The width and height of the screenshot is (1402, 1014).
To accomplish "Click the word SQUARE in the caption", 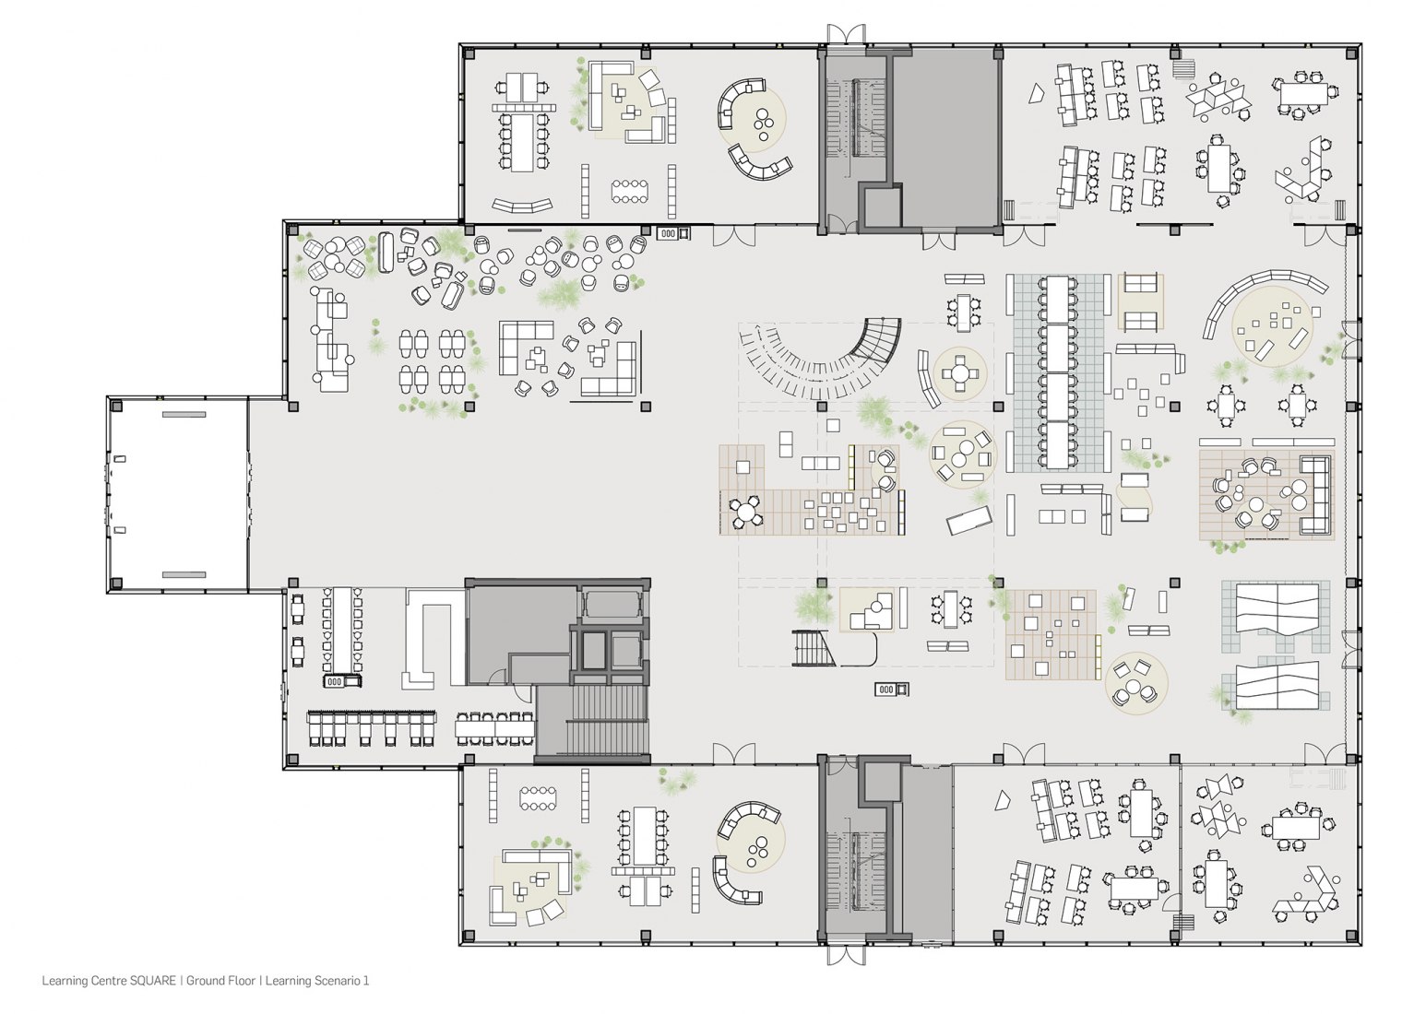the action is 153,980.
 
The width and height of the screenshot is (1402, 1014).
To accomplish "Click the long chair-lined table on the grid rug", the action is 1057,372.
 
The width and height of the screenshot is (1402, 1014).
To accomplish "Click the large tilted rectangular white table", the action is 968,519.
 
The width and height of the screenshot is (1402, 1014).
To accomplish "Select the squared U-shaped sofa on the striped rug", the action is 1314,495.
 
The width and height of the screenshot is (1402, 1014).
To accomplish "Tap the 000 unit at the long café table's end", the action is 341,681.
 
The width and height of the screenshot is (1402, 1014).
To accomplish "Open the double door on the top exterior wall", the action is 846,34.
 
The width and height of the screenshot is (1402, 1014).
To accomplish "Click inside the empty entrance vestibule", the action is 178,494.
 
